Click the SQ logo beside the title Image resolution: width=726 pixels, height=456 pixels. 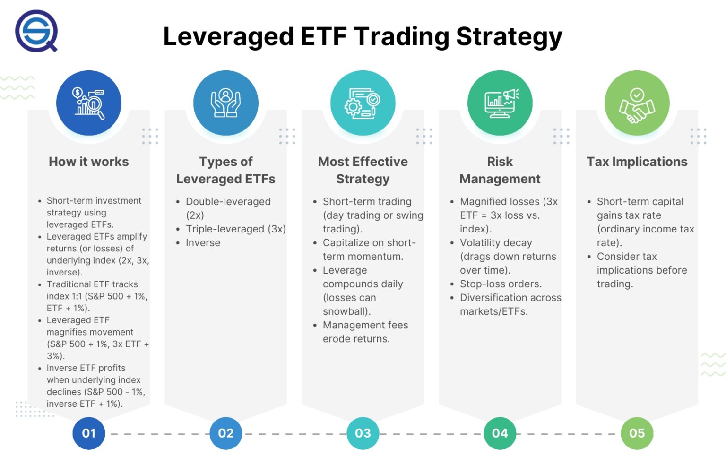point(36,31)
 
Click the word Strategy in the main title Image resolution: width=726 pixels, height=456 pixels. point(509,37)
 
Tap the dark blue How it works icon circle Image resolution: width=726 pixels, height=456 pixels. point(89,103)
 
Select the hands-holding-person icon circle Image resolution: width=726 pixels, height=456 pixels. point(226,103)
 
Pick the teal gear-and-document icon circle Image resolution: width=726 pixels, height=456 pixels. point(363,103)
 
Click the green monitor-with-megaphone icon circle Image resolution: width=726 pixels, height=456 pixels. point(500,103)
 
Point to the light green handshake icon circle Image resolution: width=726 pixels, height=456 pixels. point(637,103)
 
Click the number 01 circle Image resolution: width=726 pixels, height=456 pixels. point(89,433)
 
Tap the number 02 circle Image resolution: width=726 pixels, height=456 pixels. point(226,433)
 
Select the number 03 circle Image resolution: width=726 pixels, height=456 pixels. point(363,433)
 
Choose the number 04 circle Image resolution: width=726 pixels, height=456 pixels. point(500,433)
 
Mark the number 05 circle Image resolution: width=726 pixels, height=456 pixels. point(637,433)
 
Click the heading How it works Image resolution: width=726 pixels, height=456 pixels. point(89,162)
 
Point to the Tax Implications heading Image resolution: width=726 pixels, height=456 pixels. point(637,162)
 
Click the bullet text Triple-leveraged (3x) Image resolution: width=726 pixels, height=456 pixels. point(235,229)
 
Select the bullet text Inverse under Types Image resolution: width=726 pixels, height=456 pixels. point(203,243)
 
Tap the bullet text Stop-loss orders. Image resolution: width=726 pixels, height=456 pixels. point(501,284)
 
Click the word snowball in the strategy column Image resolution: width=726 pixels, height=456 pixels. point(345,311)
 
